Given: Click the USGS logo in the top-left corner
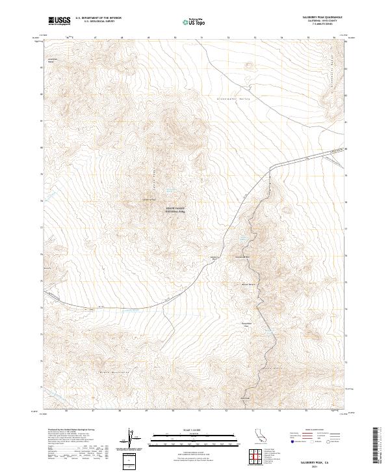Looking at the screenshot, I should [60, 21].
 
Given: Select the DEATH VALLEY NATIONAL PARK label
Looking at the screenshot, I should [175, 210].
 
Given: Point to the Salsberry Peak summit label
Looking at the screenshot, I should [149, 200].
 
